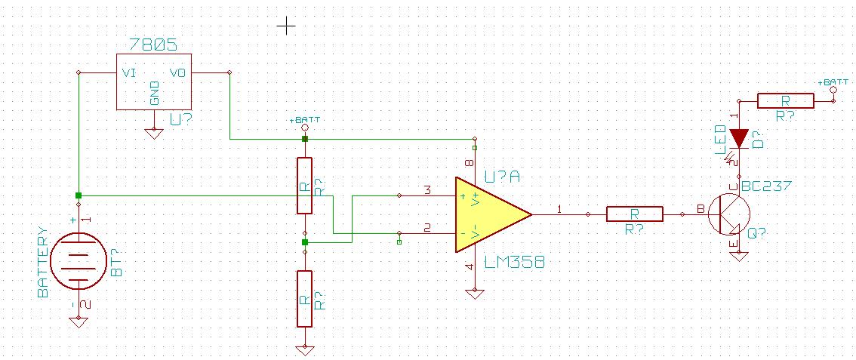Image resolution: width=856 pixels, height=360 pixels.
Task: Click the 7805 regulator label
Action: [153, 45]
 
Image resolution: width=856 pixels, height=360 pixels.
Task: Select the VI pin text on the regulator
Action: [128, 73]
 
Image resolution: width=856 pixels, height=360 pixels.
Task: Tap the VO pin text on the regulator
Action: [177, 73]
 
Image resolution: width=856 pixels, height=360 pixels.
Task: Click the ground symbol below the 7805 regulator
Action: [153, 133]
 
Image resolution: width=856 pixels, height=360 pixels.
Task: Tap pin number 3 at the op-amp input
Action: [426, 190]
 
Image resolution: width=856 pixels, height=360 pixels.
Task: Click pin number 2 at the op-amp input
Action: [426, 227]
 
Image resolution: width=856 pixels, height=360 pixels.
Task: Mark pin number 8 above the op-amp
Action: [469, 164]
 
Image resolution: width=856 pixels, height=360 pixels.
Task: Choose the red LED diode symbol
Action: [739, 138]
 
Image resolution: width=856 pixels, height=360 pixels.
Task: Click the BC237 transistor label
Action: [766, 186]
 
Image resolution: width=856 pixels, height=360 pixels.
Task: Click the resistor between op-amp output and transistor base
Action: [635, 214]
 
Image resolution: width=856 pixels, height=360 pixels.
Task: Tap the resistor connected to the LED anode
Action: [785, 101]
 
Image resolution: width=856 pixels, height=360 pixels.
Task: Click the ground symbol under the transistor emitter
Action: [739, 255]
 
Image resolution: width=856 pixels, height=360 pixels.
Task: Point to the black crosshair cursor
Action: [286, 27]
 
